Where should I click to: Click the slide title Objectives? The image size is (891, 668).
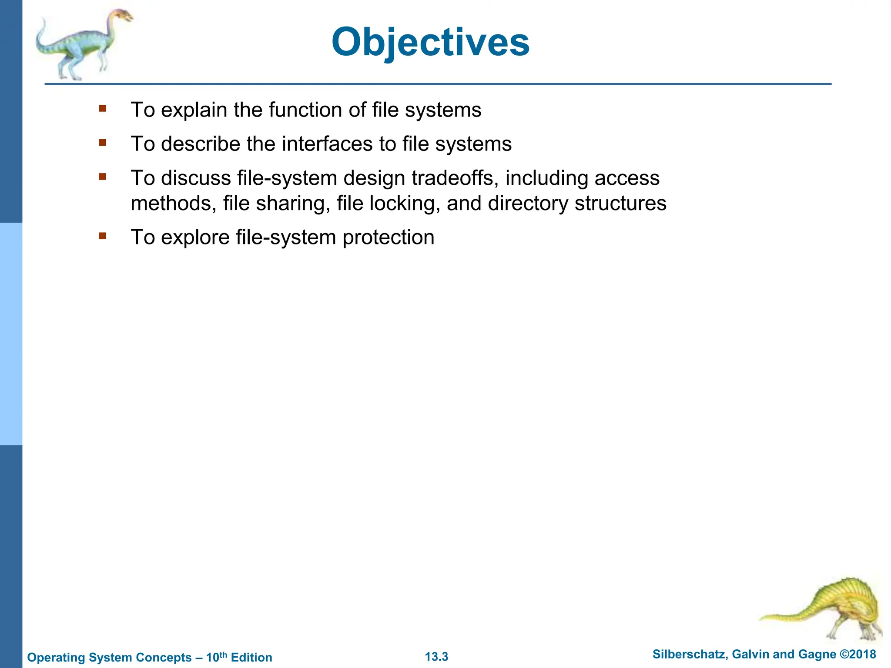click(430, 42)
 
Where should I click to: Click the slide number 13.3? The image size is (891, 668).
click(436, 657)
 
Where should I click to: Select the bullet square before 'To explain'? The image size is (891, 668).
click(103, 109)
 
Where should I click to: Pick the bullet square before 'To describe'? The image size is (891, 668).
click(103, 143)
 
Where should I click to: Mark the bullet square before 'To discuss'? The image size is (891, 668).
click(103, 177)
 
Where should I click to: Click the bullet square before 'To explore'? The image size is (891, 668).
click(103, 236)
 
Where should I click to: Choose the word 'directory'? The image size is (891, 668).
click(528, 204)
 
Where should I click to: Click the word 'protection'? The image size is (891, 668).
click(389, 237)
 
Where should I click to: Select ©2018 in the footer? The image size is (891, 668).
click(858, 655)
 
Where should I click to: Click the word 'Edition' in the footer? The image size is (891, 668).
click(251, 658)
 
